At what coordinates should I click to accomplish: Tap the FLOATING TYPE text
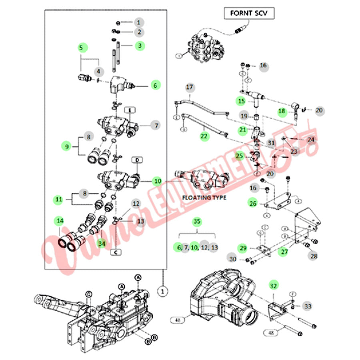pos(204,198)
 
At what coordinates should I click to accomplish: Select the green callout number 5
pos(81,48)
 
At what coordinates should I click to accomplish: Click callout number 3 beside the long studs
pos(139,46)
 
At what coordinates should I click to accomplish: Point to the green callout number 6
pos(156,85)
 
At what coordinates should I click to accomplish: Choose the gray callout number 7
pos(156,126)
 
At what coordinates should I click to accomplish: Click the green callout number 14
pos(60,220)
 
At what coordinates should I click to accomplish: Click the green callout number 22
pos(204,136)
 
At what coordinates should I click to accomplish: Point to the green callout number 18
pos(282,111)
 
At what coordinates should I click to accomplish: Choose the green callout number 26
pos(253,203)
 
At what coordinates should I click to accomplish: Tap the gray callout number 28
pos(314,255)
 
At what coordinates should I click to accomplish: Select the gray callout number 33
pos(308,306)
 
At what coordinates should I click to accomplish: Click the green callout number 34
pos(102,243)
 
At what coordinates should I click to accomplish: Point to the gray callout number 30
pos(232,259)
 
